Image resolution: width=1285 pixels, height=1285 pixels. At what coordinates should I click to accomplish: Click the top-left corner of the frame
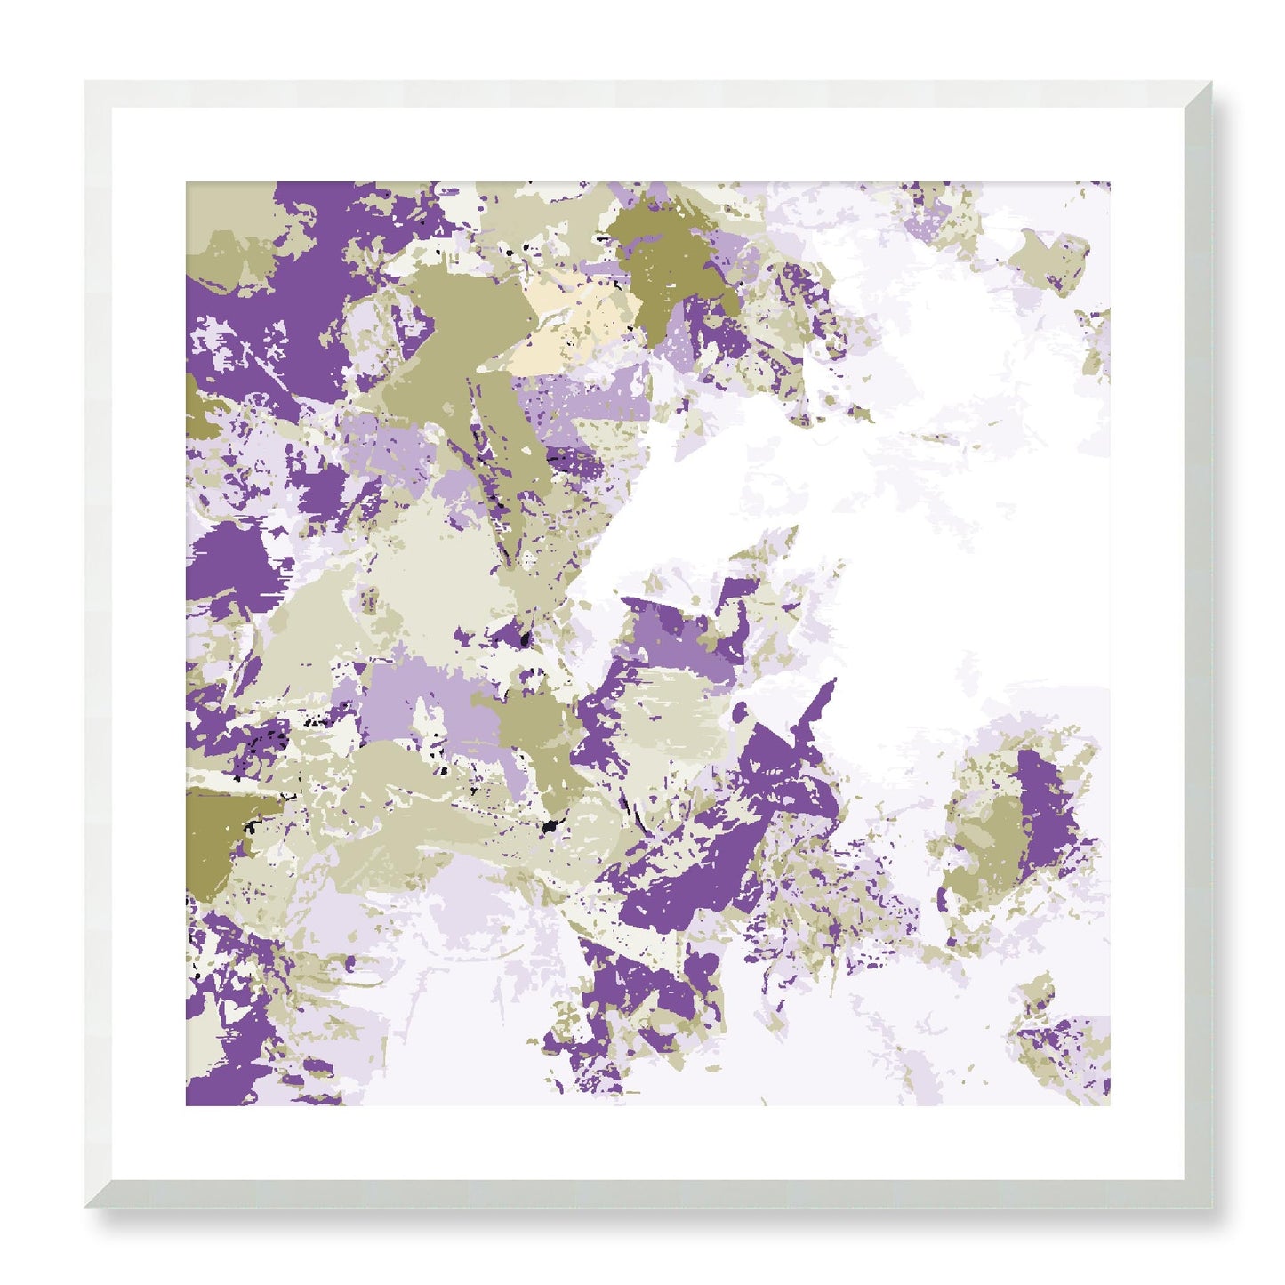[85, 82]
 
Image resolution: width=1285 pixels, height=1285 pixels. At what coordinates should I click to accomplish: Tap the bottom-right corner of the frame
[1213, 1209]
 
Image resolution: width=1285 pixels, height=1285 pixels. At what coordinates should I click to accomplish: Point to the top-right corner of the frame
[1213, 82]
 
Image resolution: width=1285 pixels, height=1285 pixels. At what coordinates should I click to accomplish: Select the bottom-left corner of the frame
[85, 1209]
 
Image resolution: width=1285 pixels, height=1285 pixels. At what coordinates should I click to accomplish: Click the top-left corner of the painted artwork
[186, 182]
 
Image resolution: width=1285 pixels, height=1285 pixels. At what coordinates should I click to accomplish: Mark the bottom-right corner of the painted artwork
[1110, 1106]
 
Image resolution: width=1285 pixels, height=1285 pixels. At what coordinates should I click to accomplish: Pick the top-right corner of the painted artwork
[1110, 182]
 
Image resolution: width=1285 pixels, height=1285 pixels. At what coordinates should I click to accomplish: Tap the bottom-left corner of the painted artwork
[186, 1106]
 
